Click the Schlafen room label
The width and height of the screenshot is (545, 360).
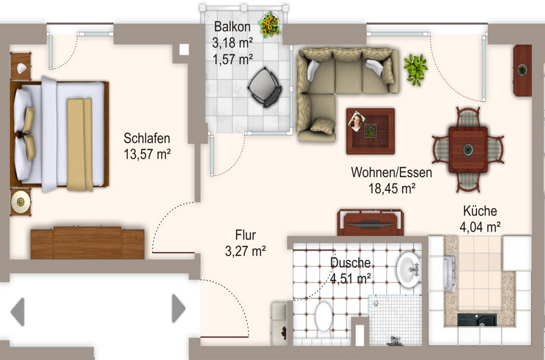click(x=147, y=138)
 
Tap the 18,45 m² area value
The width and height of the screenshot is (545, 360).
click(x=392, y=189)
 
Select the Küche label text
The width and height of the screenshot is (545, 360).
click(x=480, y=211)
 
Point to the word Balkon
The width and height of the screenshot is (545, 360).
click(x=232, y=27)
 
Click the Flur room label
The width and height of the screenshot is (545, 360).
click(x=245, y=235)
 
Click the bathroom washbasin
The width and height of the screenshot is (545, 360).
click(x=409, y=269)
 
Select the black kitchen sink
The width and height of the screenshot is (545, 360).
click(x=477, y=319)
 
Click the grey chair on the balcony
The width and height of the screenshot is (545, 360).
click(x=265, y=87)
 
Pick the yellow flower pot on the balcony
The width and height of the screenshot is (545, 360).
click(x=269, y=24)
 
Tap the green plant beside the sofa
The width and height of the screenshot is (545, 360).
click(x=415, y=69)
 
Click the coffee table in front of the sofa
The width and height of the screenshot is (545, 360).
click(x=370, y=131)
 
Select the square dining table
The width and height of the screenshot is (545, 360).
click(x=468, y=149)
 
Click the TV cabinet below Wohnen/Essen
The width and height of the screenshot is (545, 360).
click(x=370, y=222)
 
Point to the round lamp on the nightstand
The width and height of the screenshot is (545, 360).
click(x=21, y=202)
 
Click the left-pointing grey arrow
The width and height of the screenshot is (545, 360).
click(x=18, y=311)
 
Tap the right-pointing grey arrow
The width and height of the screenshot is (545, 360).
click(x=179, y=308)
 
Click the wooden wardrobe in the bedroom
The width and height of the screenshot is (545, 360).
click(x=87, y=243)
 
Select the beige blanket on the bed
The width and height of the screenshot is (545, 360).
click(x=80, y=145)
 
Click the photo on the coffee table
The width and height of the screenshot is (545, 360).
click(x=356, y=121)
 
